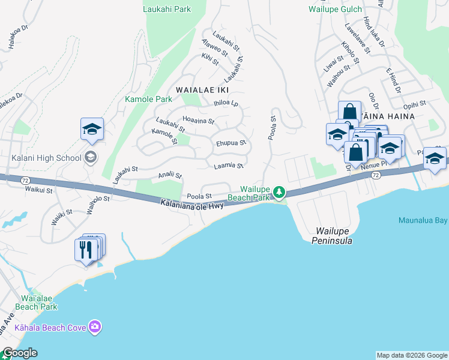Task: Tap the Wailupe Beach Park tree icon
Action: [x=279, y=193]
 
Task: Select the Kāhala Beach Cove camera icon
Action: [x=95, y=327]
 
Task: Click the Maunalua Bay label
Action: [x=423, y=220]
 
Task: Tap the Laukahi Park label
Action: [x=166, y=9]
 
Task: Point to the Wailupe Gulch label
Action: [x=336, y=9]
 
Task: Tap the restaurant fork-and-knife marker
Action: [x=85, y=250]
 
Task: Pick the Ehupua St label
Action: [x=231, y=143]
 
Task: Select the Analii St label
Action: [x=169, y=175]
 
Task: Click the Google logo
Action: [x=19, y=353]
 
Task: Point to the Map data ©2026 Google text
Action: [x=412, y=355]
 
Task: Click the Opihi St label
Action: [x=415, y=104]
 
